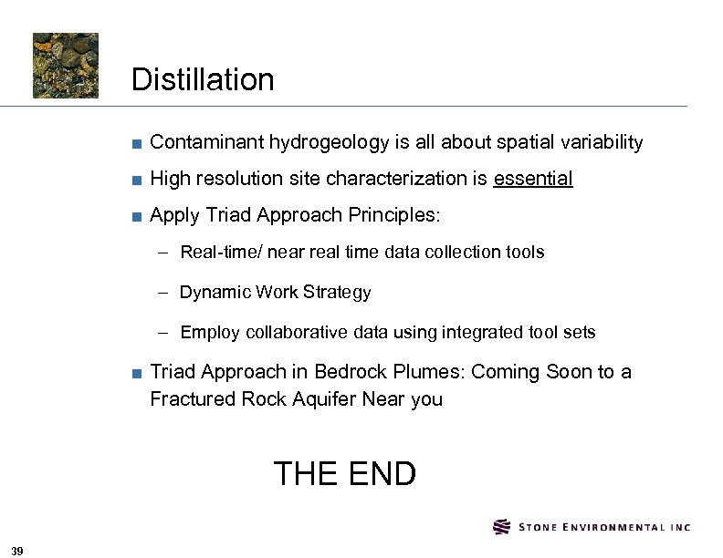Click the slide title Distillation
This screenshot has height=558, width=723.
[203, 80]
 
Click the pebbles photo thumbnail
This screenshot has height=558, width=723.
[66, 66]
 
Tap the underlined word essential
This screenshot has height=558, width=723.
[532, 179]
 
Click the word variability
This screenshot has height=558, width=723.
[599, 143]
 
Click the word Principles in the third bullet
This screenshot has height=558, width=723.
[393, 216]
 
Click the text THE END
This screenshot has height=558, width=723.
[344, 474]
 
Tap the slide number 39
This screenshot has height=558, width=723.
[18, 549]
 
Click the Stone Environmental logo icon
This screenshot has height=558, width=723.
[502, 527]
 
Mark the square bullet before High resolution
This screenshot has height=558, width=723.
[135, 180]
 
